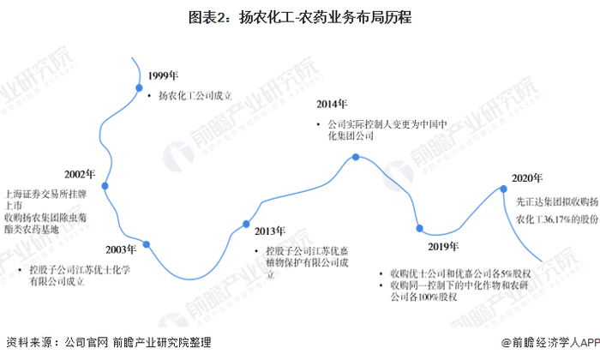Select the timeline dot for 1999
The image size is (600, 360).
pyautogui.click(x=138, y=87)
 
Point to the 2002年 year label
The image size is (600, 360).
pyautogui.click(x=81, y=175)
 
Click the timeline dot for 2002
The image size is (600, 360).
pyautogui.click(x=105, y=185)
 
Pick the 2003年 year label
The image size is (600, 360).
pyautogui.click(x=121, y=249)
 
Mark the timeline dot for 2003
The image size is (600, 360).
pyautogui.click(x=147, y=244)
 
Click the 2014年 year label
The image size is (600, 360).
pyautogui.click(x=331, y=105)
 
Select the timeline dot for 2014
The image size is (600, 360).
pyautogui.click(x=356, y=158)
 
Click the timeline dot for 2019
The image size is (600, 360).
pyautogui.click(x=419, y=228)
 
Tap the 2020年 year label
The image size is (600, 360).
pyautogui.click(x=526, y=178)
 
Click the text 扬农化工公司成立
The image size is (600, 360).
pyautogui.click(x=195, y=96)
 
